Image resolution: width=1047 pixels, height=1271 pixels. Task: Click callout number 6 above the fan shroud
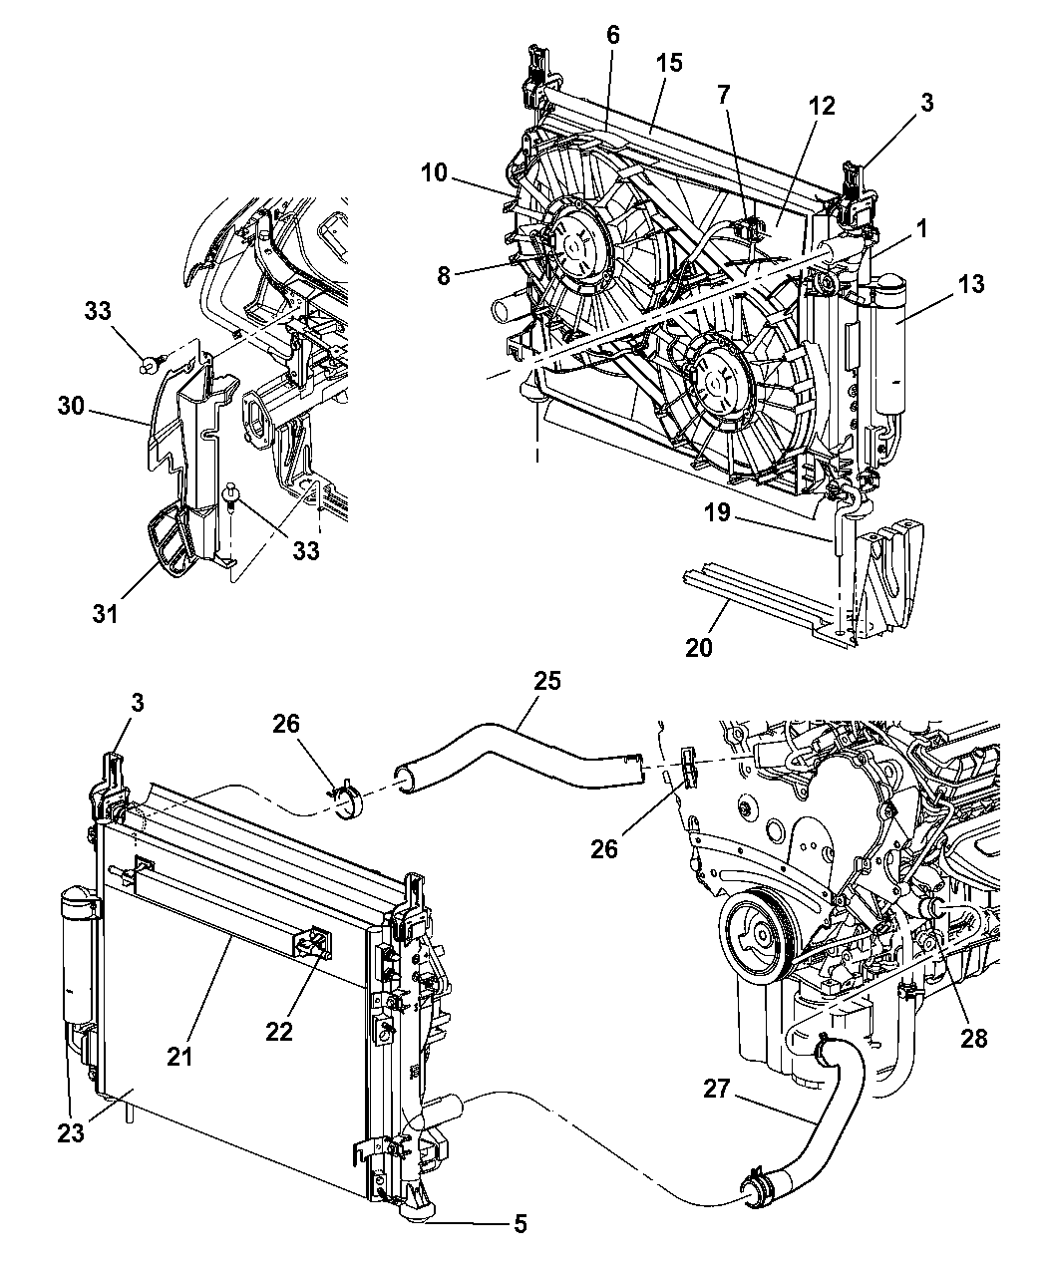pos(612,36)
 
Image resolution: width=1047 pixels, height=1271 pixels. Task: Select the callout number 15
pos(669,63)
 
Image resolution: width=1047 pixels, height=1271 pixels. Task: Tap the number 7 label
pos(723,95)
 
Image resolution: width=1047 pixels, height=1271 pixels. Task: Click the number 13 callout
pos(971,285)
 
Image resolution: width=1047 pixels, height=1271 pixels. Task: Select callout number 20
pos(699,648)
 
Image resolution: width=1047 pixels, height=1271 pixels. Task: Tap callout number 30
pos(71,407)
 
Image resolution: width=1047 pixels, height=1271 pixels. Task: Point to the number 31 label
pos(105,613)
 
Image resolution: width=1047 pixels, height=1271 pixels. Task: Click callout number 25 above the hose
pos(547,682)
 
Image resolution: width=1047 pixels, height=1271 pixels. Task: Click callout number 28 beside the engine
pos(973,1039)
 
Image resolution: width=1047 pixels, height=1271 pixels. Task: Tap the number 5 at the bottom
pos(521,1223)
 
